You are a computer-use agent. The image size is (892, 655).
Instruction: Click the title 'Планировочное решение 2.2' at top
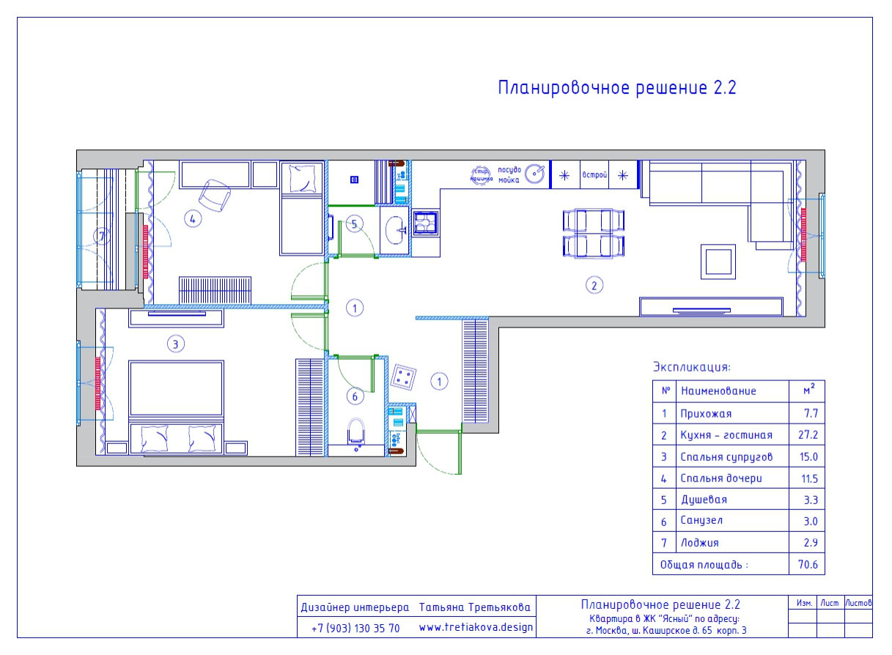[616, 89]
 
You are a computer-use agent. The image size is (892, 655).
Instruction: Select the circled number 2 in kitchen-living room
[595, 285]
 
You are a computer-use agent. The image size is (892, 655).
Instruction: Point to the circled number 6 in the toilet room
[355, 396]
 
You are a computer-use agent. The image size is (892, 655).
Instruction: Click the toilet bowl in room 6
[356, 432]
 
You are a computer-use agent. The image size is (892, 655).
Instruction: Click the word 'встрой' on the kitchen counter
[593, 175]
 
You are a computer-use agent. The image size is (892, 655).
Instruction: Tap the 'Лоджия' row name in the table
[699, 543]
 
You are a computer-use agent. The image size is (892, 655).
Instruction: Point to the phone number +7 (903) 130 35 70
[355, 628]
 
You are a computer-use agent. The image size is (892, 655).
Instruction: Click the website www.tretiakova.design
[476, 628]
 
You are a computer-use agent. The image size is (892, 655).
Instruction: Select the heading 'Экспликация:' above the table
[692, 367]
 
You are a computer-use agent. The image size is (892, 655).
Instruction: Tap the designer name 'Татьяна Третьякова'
[476, 607]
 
